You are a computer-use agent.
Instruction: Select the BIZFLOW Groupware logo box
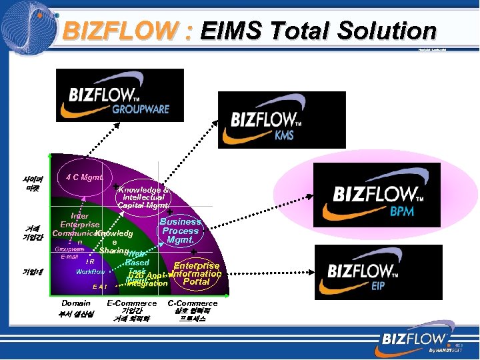120,95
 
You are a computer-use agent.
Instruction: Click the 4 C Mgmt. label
85,178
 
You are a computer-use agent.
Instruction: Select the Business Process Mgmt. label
181,231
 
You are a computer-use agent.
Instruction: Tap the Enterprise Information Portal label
197,274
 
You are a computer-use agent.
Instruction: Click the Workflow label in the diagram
90,272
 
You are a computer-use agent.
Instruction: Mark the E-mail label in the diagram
69,257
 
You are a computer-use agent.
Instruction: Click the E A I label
101,286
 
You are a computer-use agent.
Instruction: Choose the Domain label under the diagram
75,303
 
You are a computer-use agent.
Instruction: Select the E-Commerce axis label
132,303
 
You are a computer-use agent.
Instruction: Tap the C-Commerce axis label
193,303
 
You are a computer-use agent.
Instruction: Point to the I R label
89,261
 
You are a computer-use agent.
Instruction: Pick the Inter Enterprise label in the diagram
80,221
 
